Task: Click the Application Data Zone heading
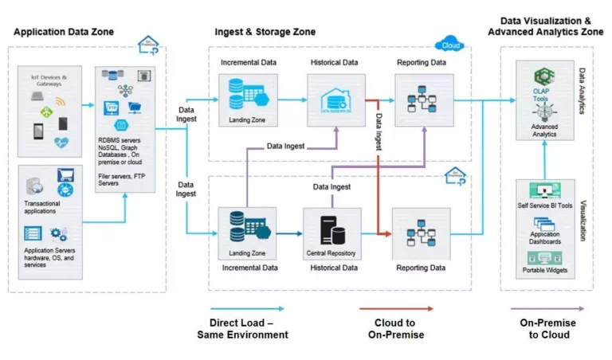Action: click(64, 32)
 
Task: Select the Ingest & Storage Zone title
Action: click(265, 32)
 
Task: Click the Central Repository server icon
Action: click(329, 229)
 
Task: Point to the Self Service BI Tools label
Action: click(545, 205)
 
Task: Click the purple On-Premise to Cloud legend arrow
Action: click(548, 308)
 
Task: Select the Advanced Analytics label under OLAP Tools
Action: click(545, 130)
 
